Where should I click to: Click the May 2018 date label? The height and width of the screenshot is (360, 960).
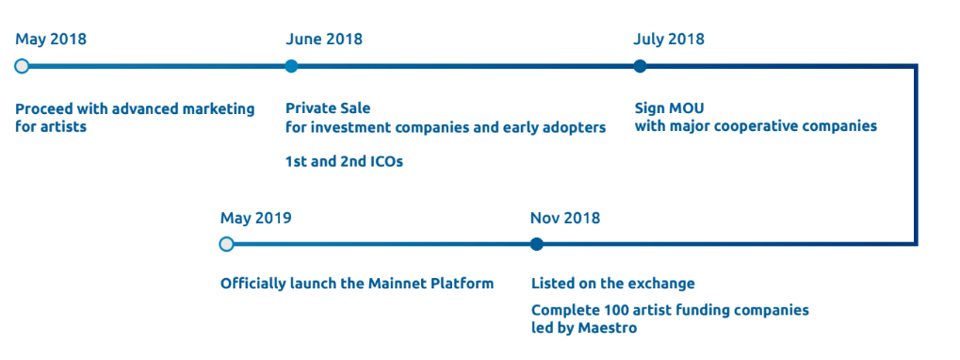pos(51,40)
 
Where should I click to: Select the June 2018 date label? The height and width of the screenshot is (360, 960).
pos(324,40)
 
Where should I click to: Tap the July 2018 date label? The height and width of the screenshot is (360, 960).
pos(669,40)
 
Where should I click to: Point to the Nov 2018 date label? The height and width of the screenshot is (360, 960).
pos(565,218)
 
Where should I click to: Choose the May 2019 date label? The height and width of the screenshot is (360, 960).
pos(256,218)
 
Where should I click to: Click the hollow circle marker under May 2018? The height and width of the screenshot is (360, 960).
pos(22,66)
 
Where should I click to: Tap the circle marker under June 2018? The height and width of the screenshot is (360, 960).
pos(291,66)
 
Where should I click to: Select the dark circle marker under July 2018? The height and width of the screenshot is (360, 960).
pos(640,66)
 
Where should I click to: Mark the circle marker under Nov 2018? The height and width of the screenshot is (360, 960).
pos(537,244)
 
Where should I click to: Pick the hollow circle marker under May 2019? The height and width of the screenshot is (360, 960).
pos(226,244)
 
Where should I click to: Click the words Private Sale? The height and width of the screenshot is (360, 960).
pos(328,109)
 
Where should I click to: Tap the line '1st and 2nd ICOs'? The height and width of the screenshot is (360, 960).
pos(344,162)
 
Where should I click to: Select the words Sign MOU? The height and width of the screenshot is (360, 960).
pos(669,109)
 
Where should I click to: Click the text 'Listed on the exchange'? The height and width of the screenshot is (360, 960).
pos(613,284)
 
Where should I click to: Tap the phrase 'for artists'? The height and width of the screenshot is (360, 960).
pos(51,126)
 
